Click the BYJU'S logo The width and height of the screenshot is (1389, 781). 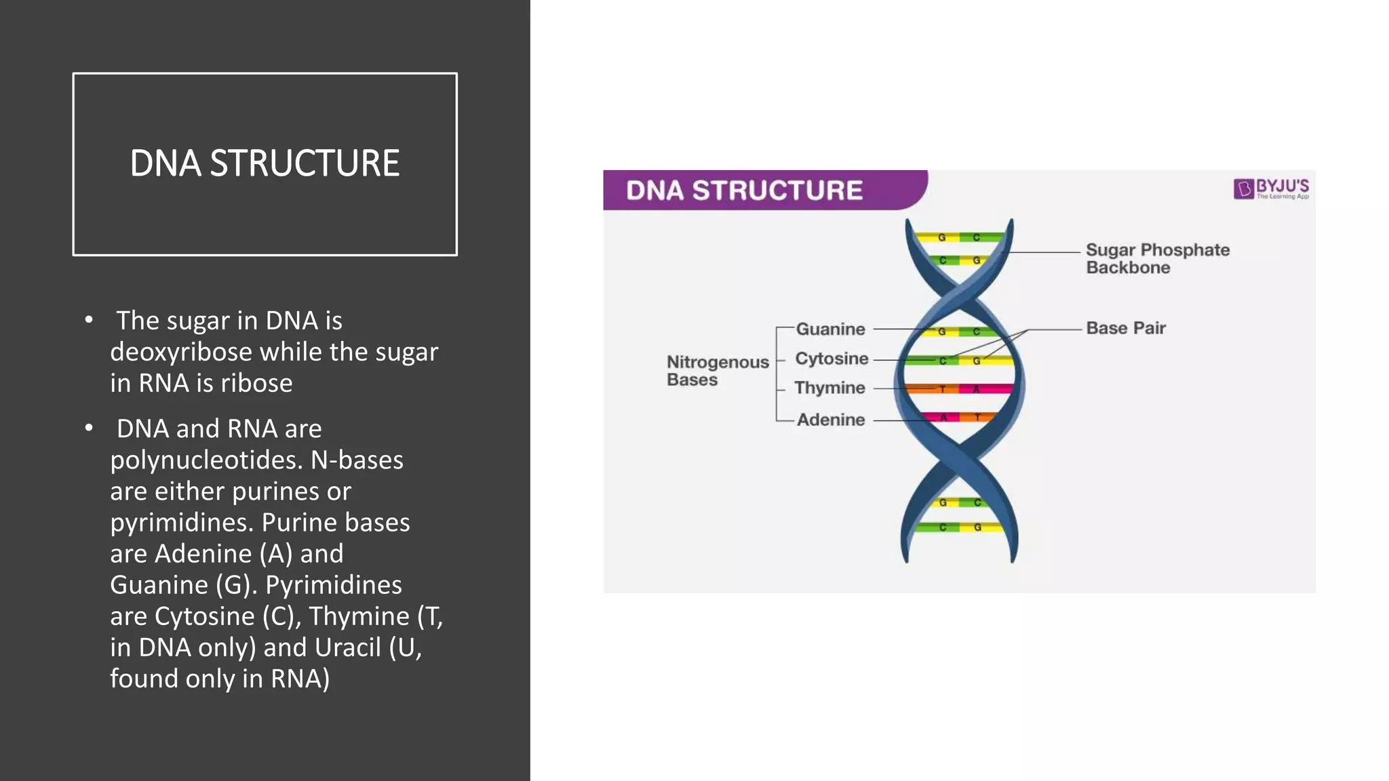point(1271,188)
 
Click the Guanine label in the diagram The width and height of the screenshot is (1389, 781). point(830,329)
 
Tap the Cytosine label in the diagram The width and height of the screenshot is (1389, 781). point(832,359)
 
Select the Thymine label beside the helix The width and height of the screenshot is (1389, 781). point(829,388)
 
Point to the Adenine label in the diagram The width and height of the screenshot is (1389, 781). point(831,420)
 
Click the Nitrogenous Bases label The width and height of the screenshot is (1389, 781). point(717,371)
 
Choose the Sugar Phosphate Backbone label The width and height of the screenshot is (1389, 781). point(1157,258)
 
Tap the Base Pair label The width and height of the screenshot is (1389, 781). point(1125,328)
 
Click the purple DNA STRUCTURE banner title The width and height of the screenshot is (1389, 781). point(744,191)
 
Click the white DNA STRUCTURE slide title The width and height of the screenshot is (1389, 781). point(265,163)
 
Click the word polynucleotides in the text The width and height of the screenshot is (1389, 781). point(206,460)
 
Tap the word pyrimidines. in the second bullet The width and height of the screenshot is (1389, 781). point(182,523)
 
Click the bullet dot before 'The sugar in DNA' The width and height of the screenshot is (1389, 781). point(89,320)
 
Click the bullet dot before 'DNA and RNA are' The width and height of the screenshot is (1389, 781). point(89,428)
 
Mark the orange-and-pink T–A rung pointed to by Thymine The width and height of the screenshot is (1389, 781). point(959,389)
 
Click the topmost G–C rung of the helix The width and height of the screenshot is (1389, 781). point(959,237)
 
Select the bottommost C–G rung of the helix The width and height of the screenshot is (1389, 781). point(959,527)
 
